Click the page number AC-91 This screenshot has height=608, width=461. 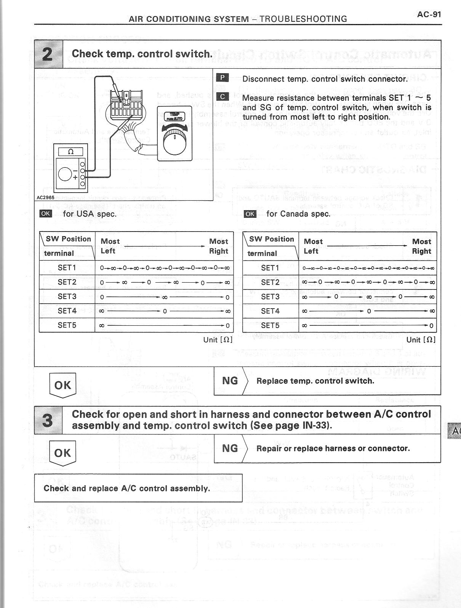coord(429,14)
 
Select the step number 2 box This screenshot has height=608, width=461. coord(48,54)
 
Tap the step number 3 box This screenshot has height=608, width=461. coord(48,420)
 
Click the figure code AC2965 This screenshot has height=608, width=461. coord(45,198)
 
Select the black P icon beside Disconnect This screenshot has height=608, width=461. coord(222,78)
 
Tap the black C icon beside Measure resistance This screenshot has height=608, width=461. coord(222,97)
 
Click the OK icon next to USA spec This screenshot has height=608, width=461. coord(46,213)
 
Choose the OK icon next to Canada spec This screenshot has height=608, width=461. coord(250,214)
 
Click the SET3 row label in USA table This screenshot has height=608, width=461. coord(67,296)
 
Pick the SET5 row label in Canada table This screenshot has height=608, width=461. coord(271,325)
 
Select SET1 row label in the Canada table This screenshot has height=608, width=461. coord(271,268)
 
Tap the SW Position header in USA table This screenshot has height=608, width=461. coord(68,239)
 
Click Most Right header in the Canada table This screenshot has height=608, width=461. coord(421,246)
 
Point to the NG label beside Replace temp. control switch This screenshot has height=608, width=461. coord(230,380)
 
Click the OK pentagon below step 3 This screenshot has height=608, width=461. coord(63,453)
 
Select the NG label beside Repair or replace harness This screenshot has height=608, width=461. coord(230,448)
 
